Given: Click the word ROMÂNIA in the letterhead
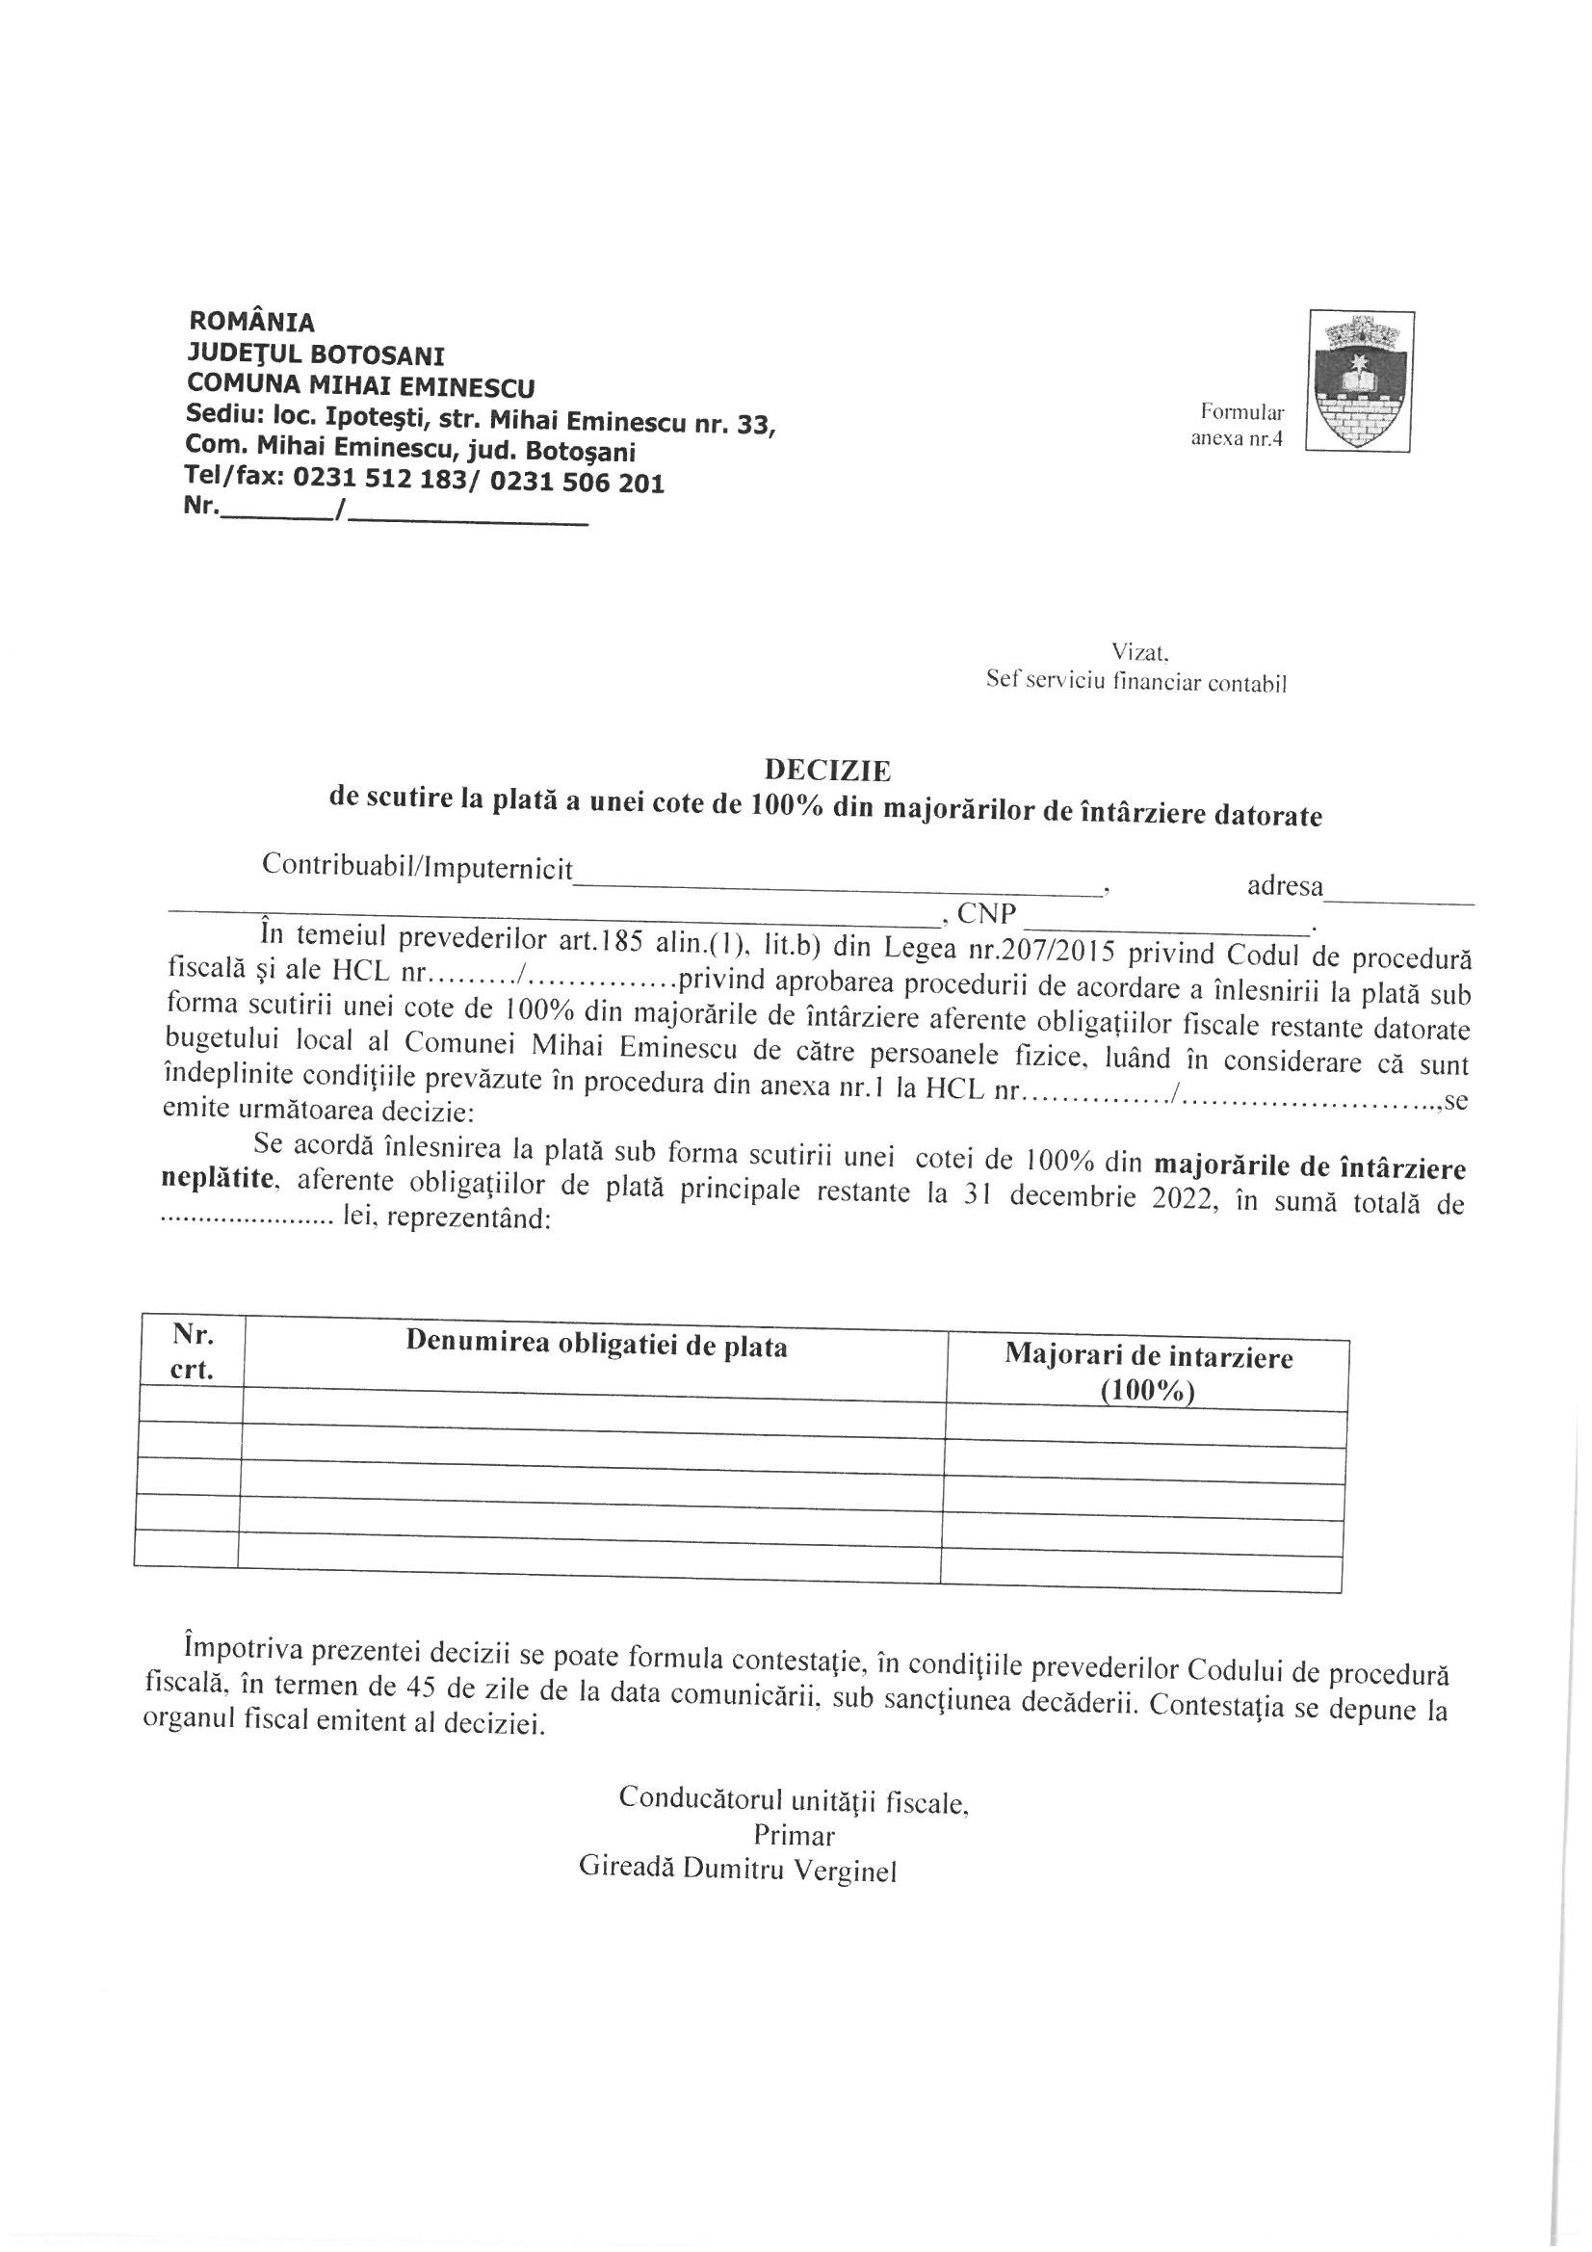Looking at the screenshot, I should tap(252, 321).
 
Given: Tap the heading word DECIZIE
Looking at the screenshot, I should tap(827, 770).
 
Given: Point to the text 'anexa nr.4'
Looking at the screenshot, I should tap(1236, 439).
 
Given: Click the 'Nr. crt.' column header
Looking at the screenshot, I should tap(193, 1350).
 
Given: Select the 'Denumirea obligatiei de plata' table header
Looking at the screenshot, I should tap(596, 1346).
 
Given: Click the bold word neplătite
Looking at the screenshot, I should tap(217, 1179).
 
